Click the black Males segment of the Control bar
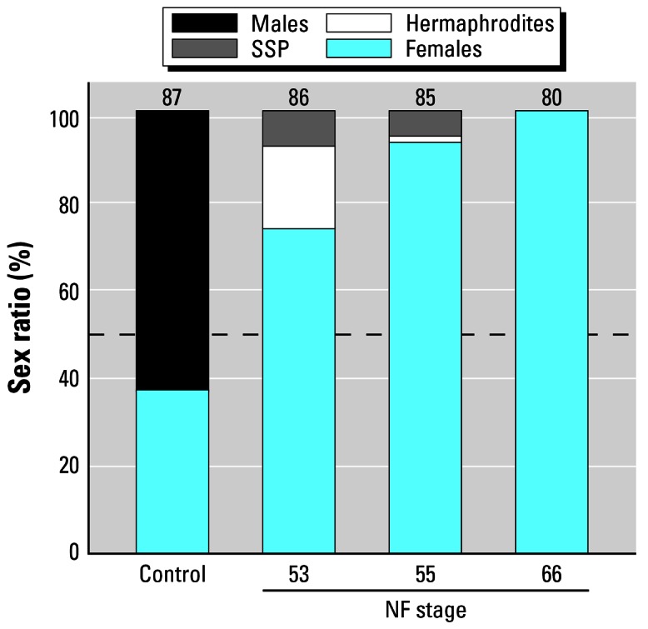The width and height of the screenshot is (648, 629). click(x=172, y=250)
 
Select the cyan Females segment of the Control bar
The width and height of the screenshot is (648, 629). click(x=172, y=471)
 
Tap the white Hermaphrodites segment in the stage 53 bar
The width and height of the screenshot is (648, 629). click(x=298, y=187)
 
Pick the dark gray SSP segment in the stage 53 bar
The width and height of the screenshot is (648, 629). click(x=298, y=128)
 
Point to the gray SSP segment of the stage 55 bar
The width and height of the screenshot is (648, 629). click(x=425, y=122)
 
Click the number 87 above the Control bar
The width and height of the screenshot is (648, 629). click(x=172, y=97)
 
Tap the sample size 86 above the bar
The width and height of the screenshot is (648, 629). click(x=298, y=97)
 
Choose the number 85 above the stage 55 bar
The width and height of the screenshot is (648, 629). click(x=425, y=97)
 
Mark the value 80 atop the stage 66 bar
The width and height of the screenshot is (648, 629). click(x=551, y=97)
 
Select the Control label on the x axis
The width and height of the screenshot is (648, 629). click(x=172, y=575)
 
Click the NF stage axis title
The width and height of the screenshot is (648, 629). click(x=426, y=611)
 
